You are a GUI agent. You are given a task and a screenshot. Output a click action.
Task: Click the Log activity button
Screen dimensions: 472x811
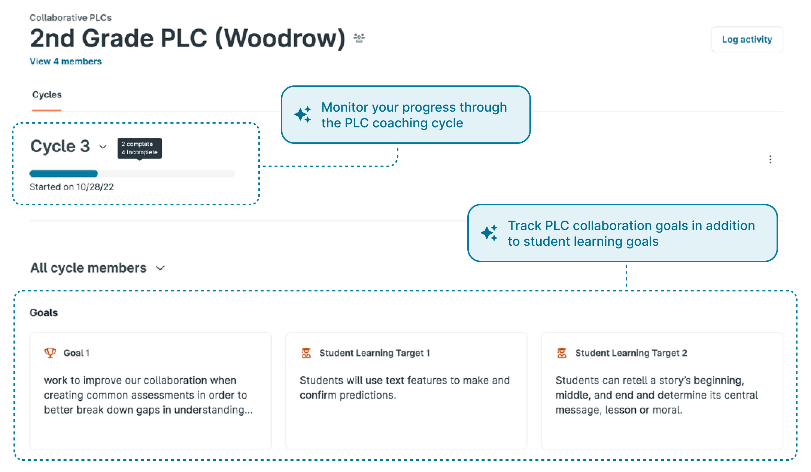(x=747, y=39)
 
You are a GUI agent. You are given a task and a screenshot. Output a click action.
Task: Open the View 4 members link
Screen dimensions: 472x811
(x=66, y=61)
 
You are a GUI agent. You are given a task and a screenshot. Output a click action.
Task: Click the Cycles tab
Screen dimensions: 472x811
(x=47, y=95)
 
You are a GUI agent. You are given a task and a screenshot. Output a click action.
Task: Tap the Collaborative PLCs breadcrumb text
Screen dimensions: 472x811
(x=70, y=18)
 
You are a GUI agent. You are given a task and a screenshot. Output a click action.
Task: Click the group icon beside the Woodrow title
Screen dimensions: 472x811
(x=359, y=38)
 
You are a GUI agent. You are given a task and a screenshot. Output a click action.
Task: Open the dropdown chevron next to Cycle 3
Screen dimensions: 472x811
(x=103, y=146)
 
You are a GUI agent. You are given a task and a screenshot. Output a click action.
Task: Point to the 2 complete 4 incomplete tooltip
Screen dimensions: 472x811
(x=140, y=148)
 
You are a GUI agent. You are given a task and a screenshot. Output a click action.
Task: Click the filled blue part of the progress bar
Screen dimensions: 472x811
(x=64, y=173)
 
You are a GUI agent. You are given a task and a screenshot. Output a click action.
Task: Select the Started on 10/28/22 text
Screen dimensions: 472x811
(x=72, y=187)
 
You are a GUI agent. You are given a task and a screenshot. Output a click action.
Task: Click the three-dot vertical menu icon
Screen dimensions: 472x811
(x=770, y=160)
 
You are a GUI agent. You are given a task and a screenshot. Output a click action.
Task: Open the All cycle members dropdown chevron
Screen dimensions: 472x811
(x=160, y=268)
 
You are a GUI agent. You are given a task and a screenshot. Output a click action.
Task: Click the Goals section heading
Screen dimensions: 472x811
(x=43, y=313)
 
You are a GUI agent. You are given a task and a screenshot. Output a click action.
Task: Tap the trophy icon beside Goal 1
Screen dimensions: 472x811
(x=50, y=353)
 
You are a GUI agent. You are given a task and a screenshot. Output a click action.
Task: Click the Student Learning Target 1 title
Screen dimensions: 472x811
(x=374, y=353)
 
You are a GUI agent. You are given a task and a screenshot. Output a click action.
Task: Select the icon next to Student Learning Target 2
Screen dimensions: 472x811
(x=562, y=353)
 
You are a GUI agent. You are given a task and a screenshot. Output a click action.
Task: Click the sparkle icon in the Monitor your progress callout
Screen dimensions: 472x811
(x=303, y=115)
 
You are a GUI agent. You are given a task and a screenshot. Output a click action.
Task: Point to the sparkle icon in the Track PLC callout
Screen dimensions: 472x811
(x=489, y=233)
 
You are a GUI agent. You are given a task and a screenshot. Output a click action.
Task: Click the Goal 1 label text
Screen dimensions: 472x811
(x=76, y=353)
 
